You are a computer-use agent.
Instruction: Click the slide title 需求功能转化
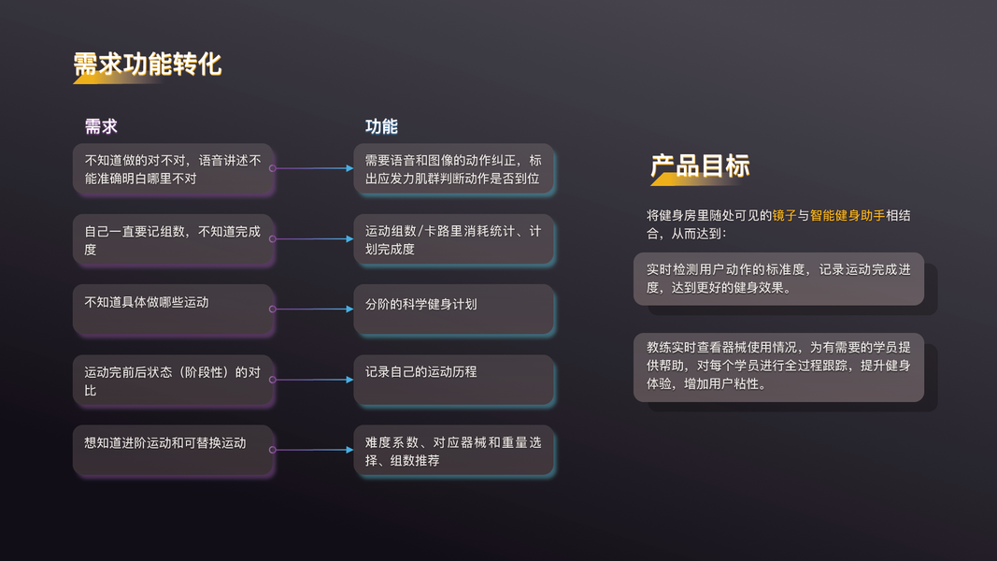pyautogui.click(x=148, y=64)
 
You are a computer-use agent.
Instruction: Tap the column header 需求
pyautogui.click(x=101, y=127)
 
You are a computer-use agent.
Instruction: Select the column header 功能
pyautogui.click(x=381, y=127)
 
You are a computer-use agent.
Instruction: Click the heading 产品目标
pyautogui.click(x=700, y=166)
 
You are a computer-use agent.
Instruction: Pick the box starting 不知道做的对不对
pyautogui.click(x=174, y=169)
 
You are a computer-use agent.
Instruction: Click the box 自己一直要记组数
pyautogui.click(x=174, y=240)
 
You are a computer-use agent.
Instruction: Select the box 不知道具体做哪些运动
pyautogui.click(x=174, y=309)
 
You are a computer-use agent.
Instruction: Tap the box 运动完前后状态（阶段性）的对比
pyautogui.click(x=174, y=380)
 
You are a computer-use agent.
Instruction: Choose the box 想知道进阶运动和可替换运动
pyautogui.click(x=174, y=451)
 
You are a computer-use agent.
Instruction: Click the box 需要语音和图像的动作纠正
pyautogui.click(x=454, y=169)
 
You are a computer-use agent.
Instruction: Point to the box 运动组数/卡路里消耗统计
pyautogui.click(x=454, y=240)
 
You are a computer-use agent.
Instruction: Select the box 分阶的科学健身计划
pyautogui.click(x=454, y=309)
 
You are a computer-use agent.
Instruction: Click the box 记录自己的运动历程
pyautogui.click(x=454, y=380)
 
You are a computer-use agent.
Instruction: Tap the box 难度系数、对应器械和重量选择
pyautogui.click(x=454, y=451)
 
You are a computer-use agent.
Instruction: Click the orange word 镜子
pyautogui.click(x=784, y=216)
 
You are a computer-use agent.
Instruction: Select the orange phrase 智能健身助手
pyautogui.click(x=847, y=216)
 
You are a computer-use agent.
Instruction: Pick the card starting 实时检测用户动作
pyautogui.click(x=778, y=279)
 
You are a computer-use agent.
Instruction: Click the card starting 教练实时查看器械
pyautogui.click(x=778, y=366)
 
